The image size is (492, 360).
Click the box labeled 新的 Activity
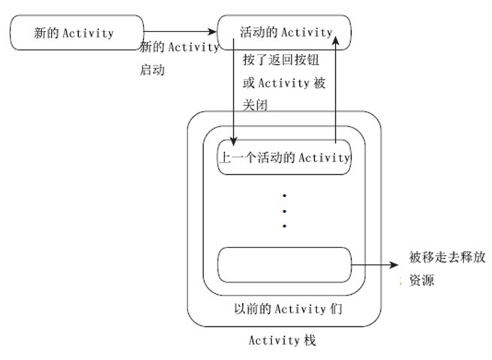76,33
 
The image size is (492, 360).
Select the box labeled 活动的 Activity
284,31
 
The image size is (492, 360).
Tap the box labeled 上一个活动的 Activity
283,157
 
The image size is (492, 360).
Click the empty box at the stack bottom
284,265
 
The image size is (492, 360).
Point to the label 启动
152,70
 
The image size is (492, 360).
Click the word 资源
421,281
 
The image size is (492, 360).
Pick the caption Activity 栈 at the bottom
283,340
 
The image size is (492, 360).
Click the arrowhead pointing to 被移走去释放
396,264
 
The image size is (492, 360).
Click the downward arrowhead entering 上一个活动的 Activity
235,142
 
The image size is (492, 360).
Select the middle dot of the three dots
284,211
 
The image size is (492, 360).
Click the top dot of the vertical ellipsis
284,196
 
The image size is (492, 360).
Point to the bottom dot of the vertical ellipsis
284,225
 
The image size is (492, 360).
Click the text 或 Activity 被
284,82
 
